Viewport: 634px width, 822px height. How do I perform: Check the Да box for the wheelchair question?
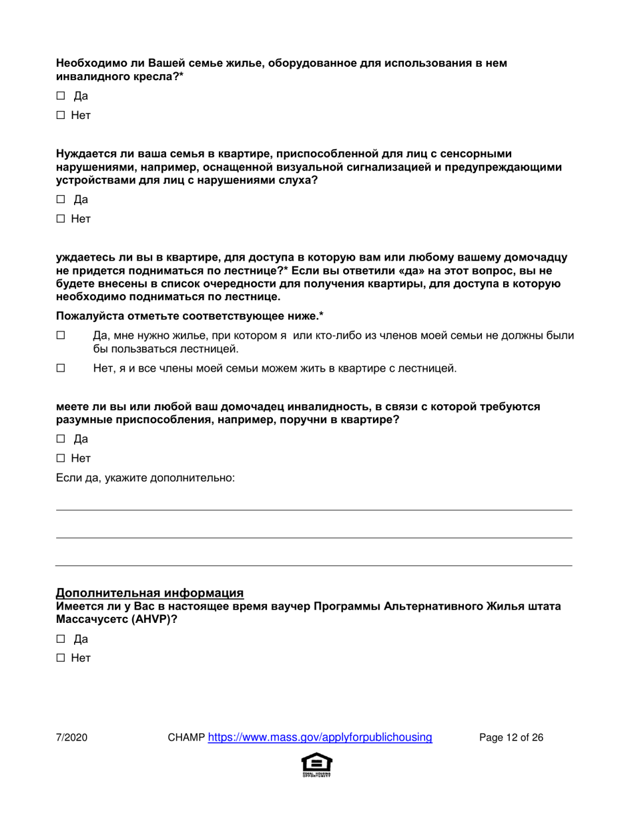[x=60, y=96]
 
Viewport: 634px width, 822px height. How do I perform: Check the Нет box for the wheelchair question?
[x=60, y=115]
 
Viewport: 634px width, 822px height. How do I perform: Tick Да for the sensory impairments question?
[x=60, y=199]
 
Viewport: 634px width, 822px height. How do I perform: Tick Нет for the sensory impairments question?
[x=60, y=219]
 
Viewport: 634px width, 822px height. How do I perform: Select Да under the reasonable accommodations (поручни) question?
[x=60, y=439]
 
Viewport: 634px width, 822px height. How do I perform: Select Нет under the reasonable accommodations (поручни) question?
[x=60, y=458]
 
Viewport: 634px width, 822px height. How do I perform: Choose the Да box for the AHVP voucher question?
[x=60, y=639]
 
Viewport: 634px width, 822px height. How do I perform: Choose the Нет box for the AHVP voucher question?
[x=60, y=658]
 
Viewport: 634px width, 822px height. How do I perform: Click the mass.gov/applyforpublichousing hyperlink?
[x=320, y=738]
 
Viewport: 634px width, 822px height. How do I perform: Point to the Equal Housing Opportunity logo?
[x=317, y=765]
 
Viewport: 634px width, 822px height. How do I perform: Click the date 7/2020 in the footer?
[x=71, y=738]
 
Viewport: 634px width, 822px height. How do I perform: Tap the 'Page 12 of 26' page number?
[x=511, y=738]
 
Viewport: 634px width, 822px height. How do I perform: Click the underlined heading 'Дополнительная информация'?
[x=149, y=593]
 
